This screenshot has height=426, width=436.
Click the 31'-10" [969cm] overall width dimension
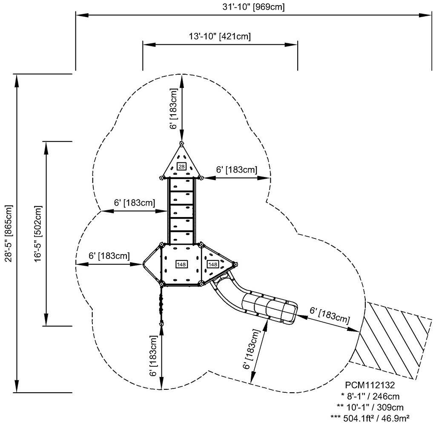click(254, 7)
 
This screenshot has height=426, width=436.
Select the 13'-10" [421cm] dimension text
click(220, 36)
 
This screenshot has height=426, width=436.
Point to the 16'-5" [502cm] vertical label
click(38, 233)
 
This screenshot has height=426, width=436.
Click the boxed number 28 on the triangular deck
click(181, 166)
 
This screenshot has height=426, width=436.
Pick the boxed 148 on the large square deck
click(181, 264)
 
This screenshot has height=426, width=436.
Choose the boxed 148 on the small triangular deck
click(212, 264)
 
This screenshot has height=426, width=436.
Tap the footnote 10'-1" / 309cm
click(373, 407)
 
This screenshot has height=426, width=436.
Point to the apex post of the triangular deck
click(181, 144)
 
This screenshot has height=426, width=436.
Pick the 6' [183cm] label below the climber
click(153, 355)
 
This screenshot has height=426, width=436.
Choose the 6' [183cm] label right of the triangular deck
click(236, 170)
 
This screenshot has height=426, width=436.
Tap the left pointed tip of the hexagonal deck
click(143, 264)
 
